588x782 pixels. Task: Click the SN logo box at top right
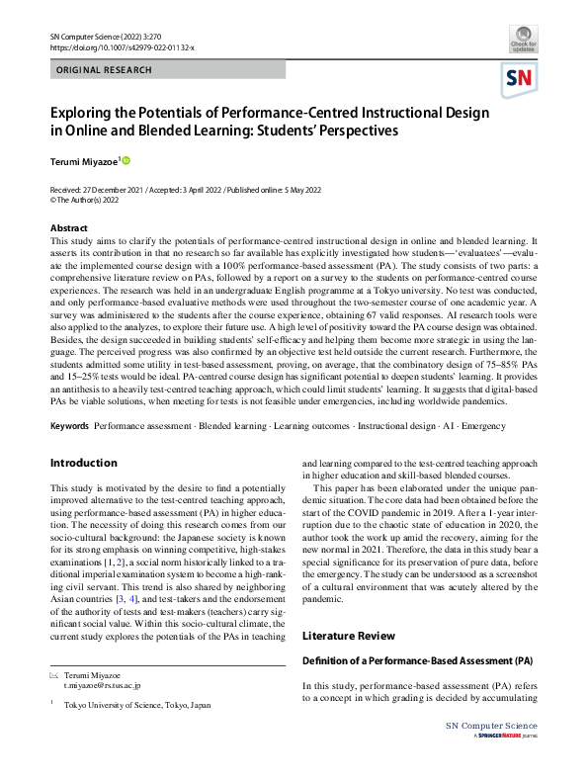[x=520, y=78]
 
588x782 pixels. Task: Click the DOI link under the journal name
[x=122, y=46]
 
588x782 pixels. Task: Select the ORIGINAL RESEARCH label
[x=105, y=70]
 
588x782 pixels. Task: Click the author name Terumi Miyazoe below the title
[x=83, y=160]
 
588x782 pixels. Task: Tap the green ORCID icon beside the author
[x=126, y=160]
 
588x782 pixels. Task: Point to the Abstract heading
[x=69, y=227]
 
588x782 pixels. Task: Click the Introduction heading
[x=83, y=463]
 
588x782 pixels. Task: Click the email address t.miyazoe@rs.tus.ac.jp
[x=102, y=684]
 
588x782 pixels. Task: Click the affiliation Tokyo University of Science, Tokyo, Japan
[x=137, y=706]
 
